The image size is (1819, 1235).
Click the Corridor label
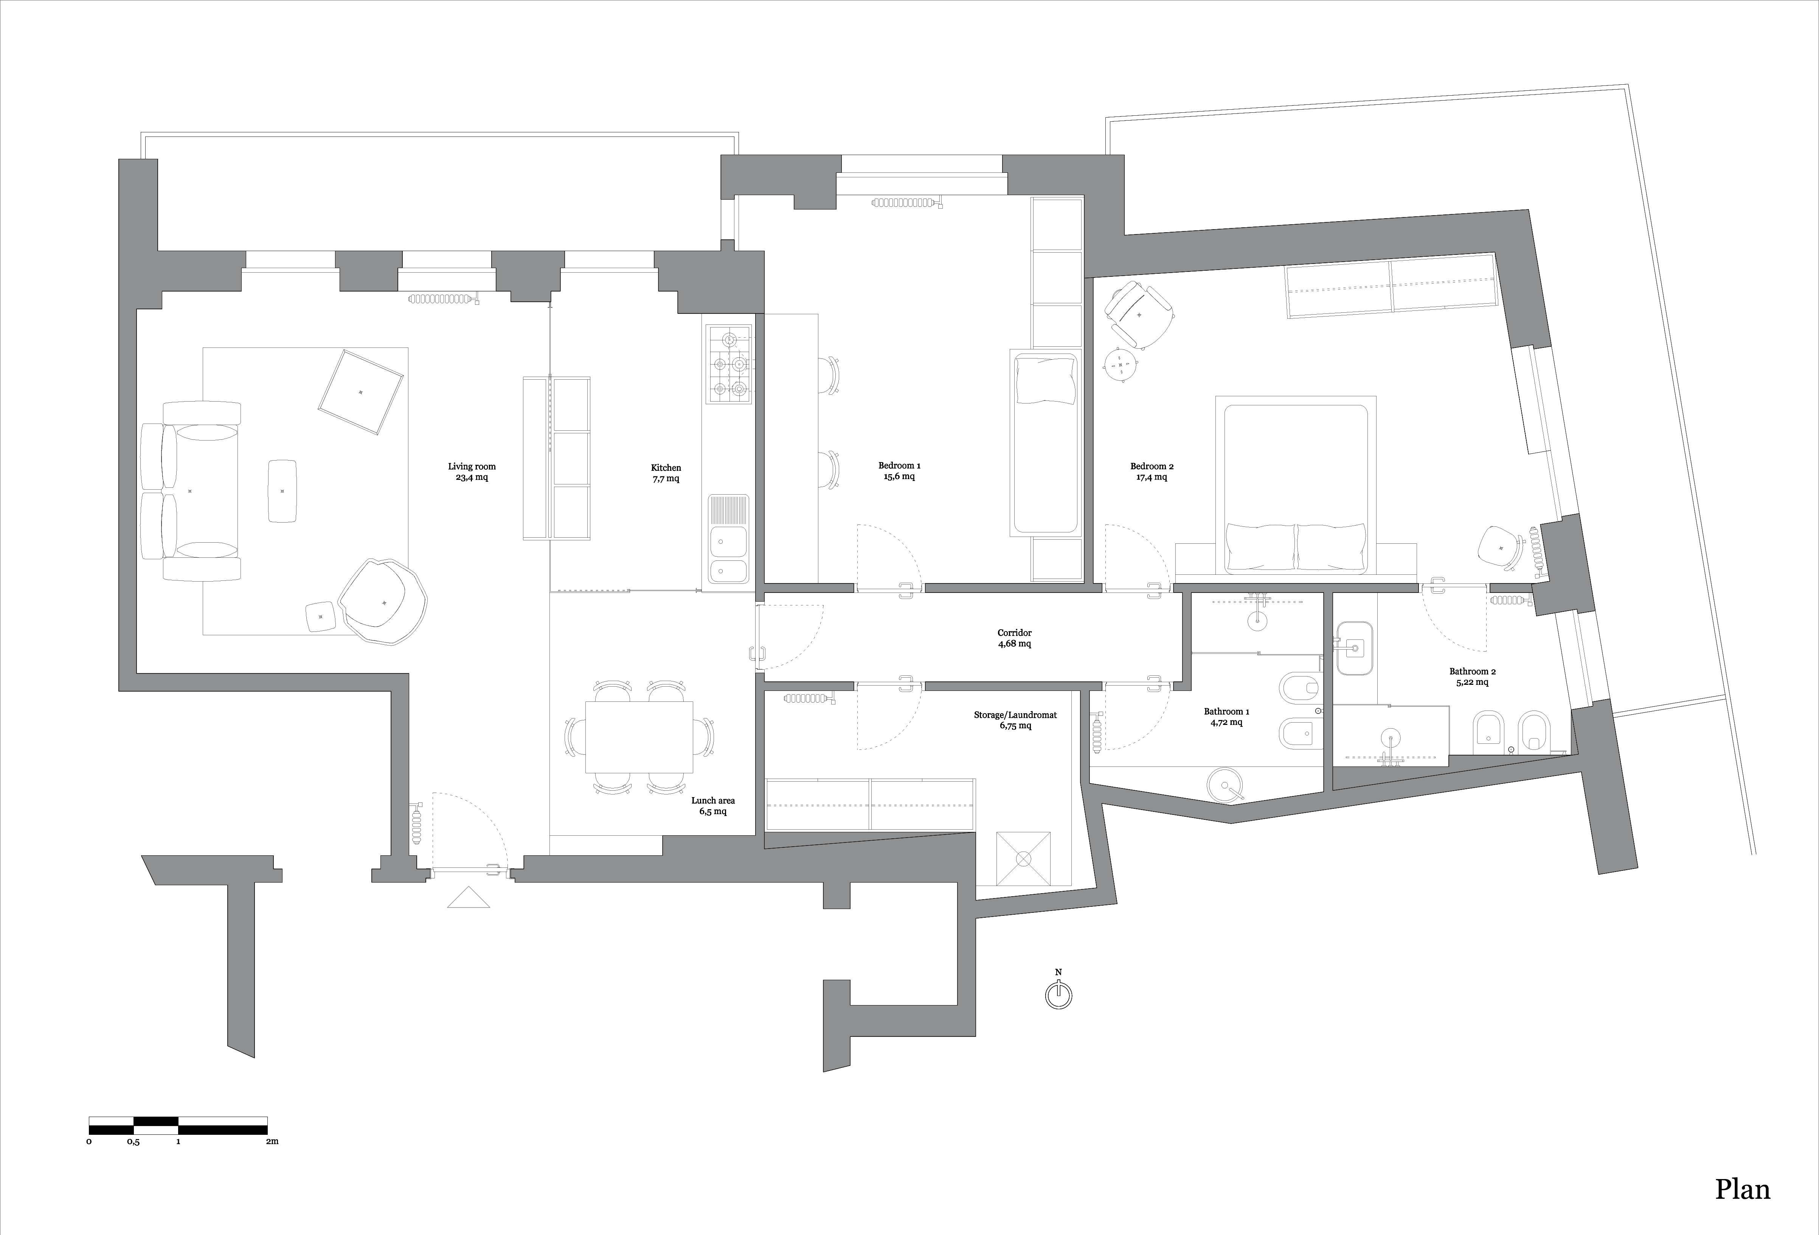point(1014,638)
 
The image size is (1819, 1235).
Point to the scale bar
point(178,1125)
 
